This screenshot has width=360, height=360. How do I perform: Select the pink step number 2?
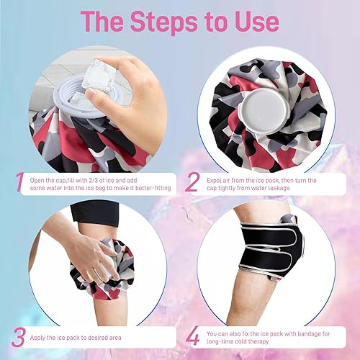coord(192,182)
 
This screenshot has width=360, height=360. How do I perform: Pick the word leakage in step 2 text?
coord(281,188)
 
